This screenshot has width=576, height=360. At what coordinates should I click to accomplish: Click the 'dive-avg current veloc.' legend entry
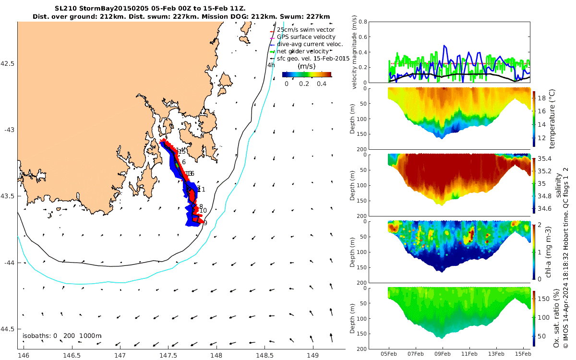(310, 44)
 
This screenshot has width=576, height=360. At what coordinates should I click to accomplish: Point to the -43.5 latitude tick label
(9, 196)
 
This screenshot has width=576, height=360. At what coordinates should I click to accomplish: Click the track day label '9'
(205, 223)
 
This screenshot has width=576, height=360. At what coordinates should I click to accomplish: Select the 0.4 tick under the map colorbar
(321, 84)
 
